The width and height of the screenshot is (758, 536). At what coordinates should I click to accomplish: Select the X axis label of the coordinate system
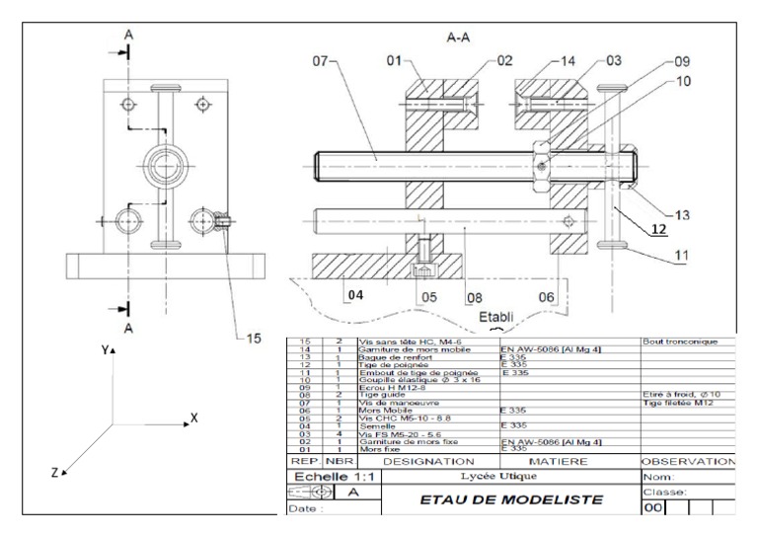(x=194, y=419)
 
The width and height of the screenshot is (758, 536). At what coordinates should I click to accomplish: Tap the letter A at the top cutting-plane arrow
(x=127, y=34)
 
